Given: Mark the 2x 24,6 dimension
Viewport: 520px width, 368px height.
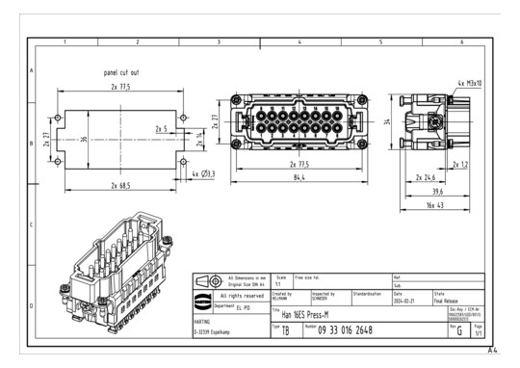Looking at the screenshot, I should pyautogui.click(x=426, y=177).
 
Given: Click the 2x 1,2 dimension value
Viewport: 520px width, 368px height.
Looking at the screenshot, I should pyautogui.click(x=460, y=164).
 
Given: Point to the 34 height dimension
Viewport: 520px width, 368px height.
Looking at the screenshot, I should pyautogui.click(x=386, y=122).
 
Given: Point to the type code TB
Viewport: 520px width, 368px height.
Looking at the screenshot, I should pyautogui.click(x=285, y=331).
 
